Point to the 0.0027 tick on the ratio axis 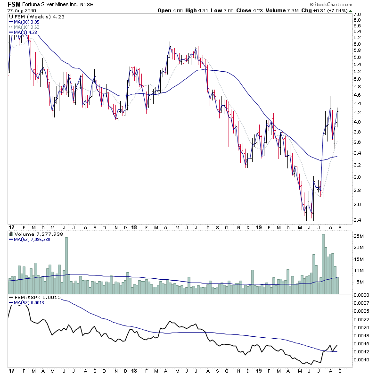[362, 303]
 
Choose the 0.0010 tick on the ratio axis [362, 360]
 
